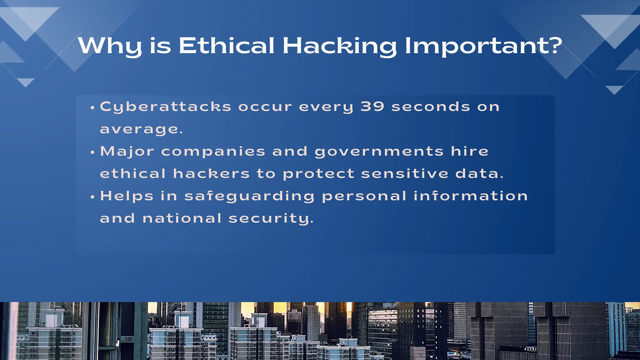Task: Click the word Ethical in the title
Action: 226,46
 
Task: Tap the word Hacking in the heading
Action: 339,46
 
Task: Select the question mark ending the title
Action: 555,45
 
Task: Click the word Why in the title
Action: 110,46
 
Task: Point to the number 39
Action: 372,107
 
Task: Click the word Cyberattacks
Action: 165,107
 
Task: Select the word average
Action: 140,129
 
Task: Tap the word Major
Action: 127,152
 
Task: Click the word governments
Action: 379,152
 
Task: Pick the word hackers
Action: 211,174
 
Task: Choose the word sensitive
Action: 405,174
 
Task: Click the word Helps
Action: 127,196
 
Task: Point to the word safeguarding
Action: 249,197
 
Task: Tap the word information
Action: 471,196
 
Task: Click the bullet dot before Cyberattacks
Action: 92,108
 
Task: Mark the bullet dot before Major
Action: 92,152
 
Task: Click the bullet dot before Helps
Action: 92,197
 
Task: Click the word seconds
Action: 431,107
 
